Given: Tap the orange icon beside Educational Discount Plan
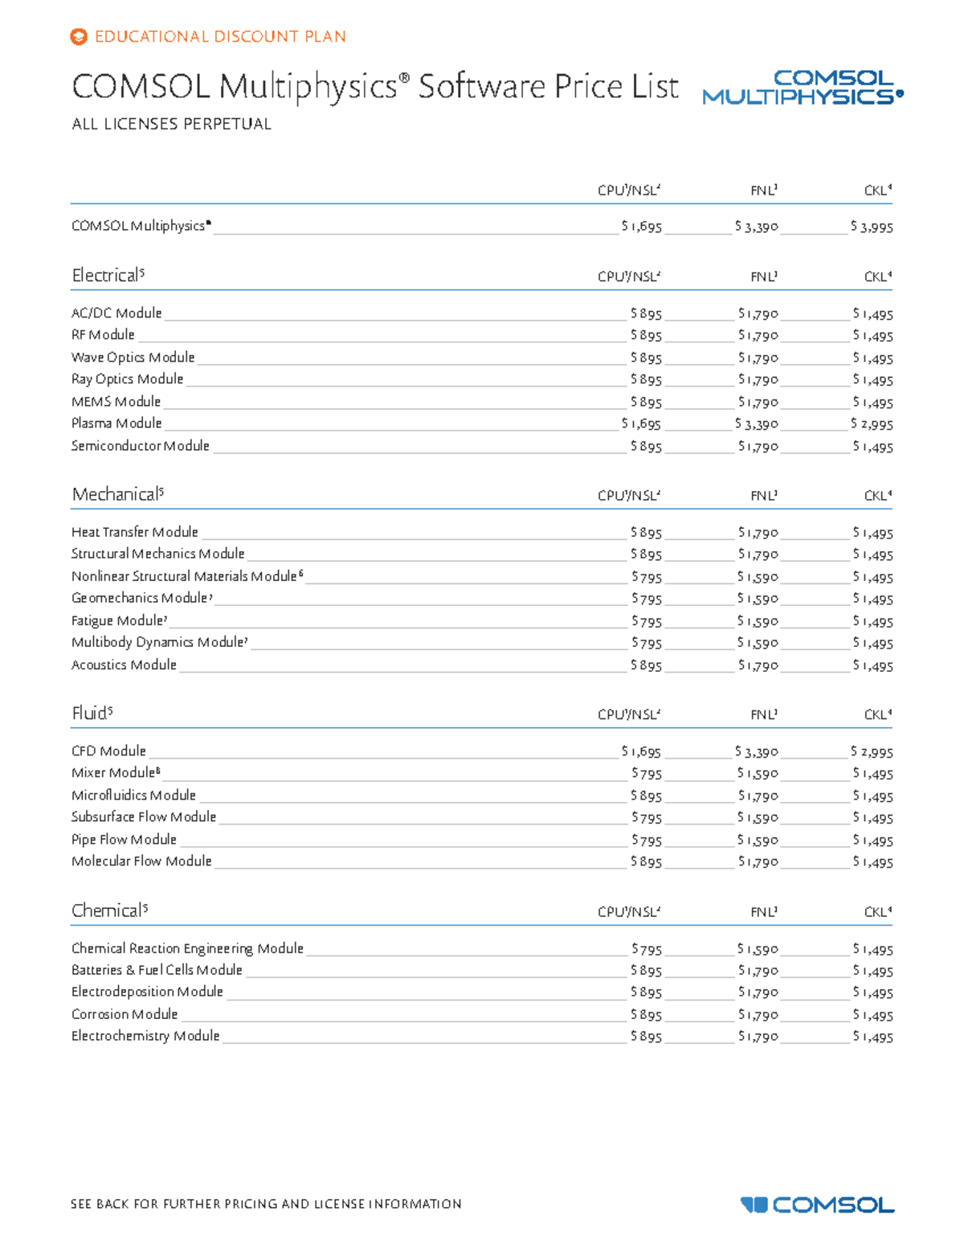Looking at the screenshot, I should coord(79,37).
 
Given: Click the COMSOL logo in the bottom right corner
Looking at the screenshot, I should coord(817,1205).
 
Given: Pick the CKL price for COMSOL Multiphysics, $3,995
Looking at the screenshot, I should coord(872,227).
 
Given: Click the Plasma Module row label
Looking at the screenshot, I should coord(116,424).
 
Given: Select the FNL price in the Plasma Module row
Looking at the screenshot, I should coord(757,424).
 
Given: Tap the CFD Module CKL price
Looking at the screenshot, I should coord(872,752).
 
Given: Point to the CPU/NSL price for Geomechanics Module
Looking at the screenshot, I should coord(647,599).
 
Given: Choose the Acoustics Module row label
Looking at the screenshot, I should coord(124,665).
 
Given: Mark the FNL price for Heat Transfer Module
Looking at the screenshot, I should coord(758,533).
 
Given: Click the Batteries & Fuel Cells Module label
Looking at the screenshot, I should coord(157,971).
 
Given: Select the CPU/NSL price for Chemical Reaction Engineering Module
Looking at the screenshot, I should coord(647,950).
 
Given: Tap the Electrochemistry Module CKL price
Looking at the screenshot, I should coord(872,1037).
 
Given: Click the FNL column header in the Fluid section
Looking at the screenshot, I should coord(763,714).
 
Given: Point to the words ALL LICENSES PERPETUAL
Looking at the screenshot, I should coord(171,125).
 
